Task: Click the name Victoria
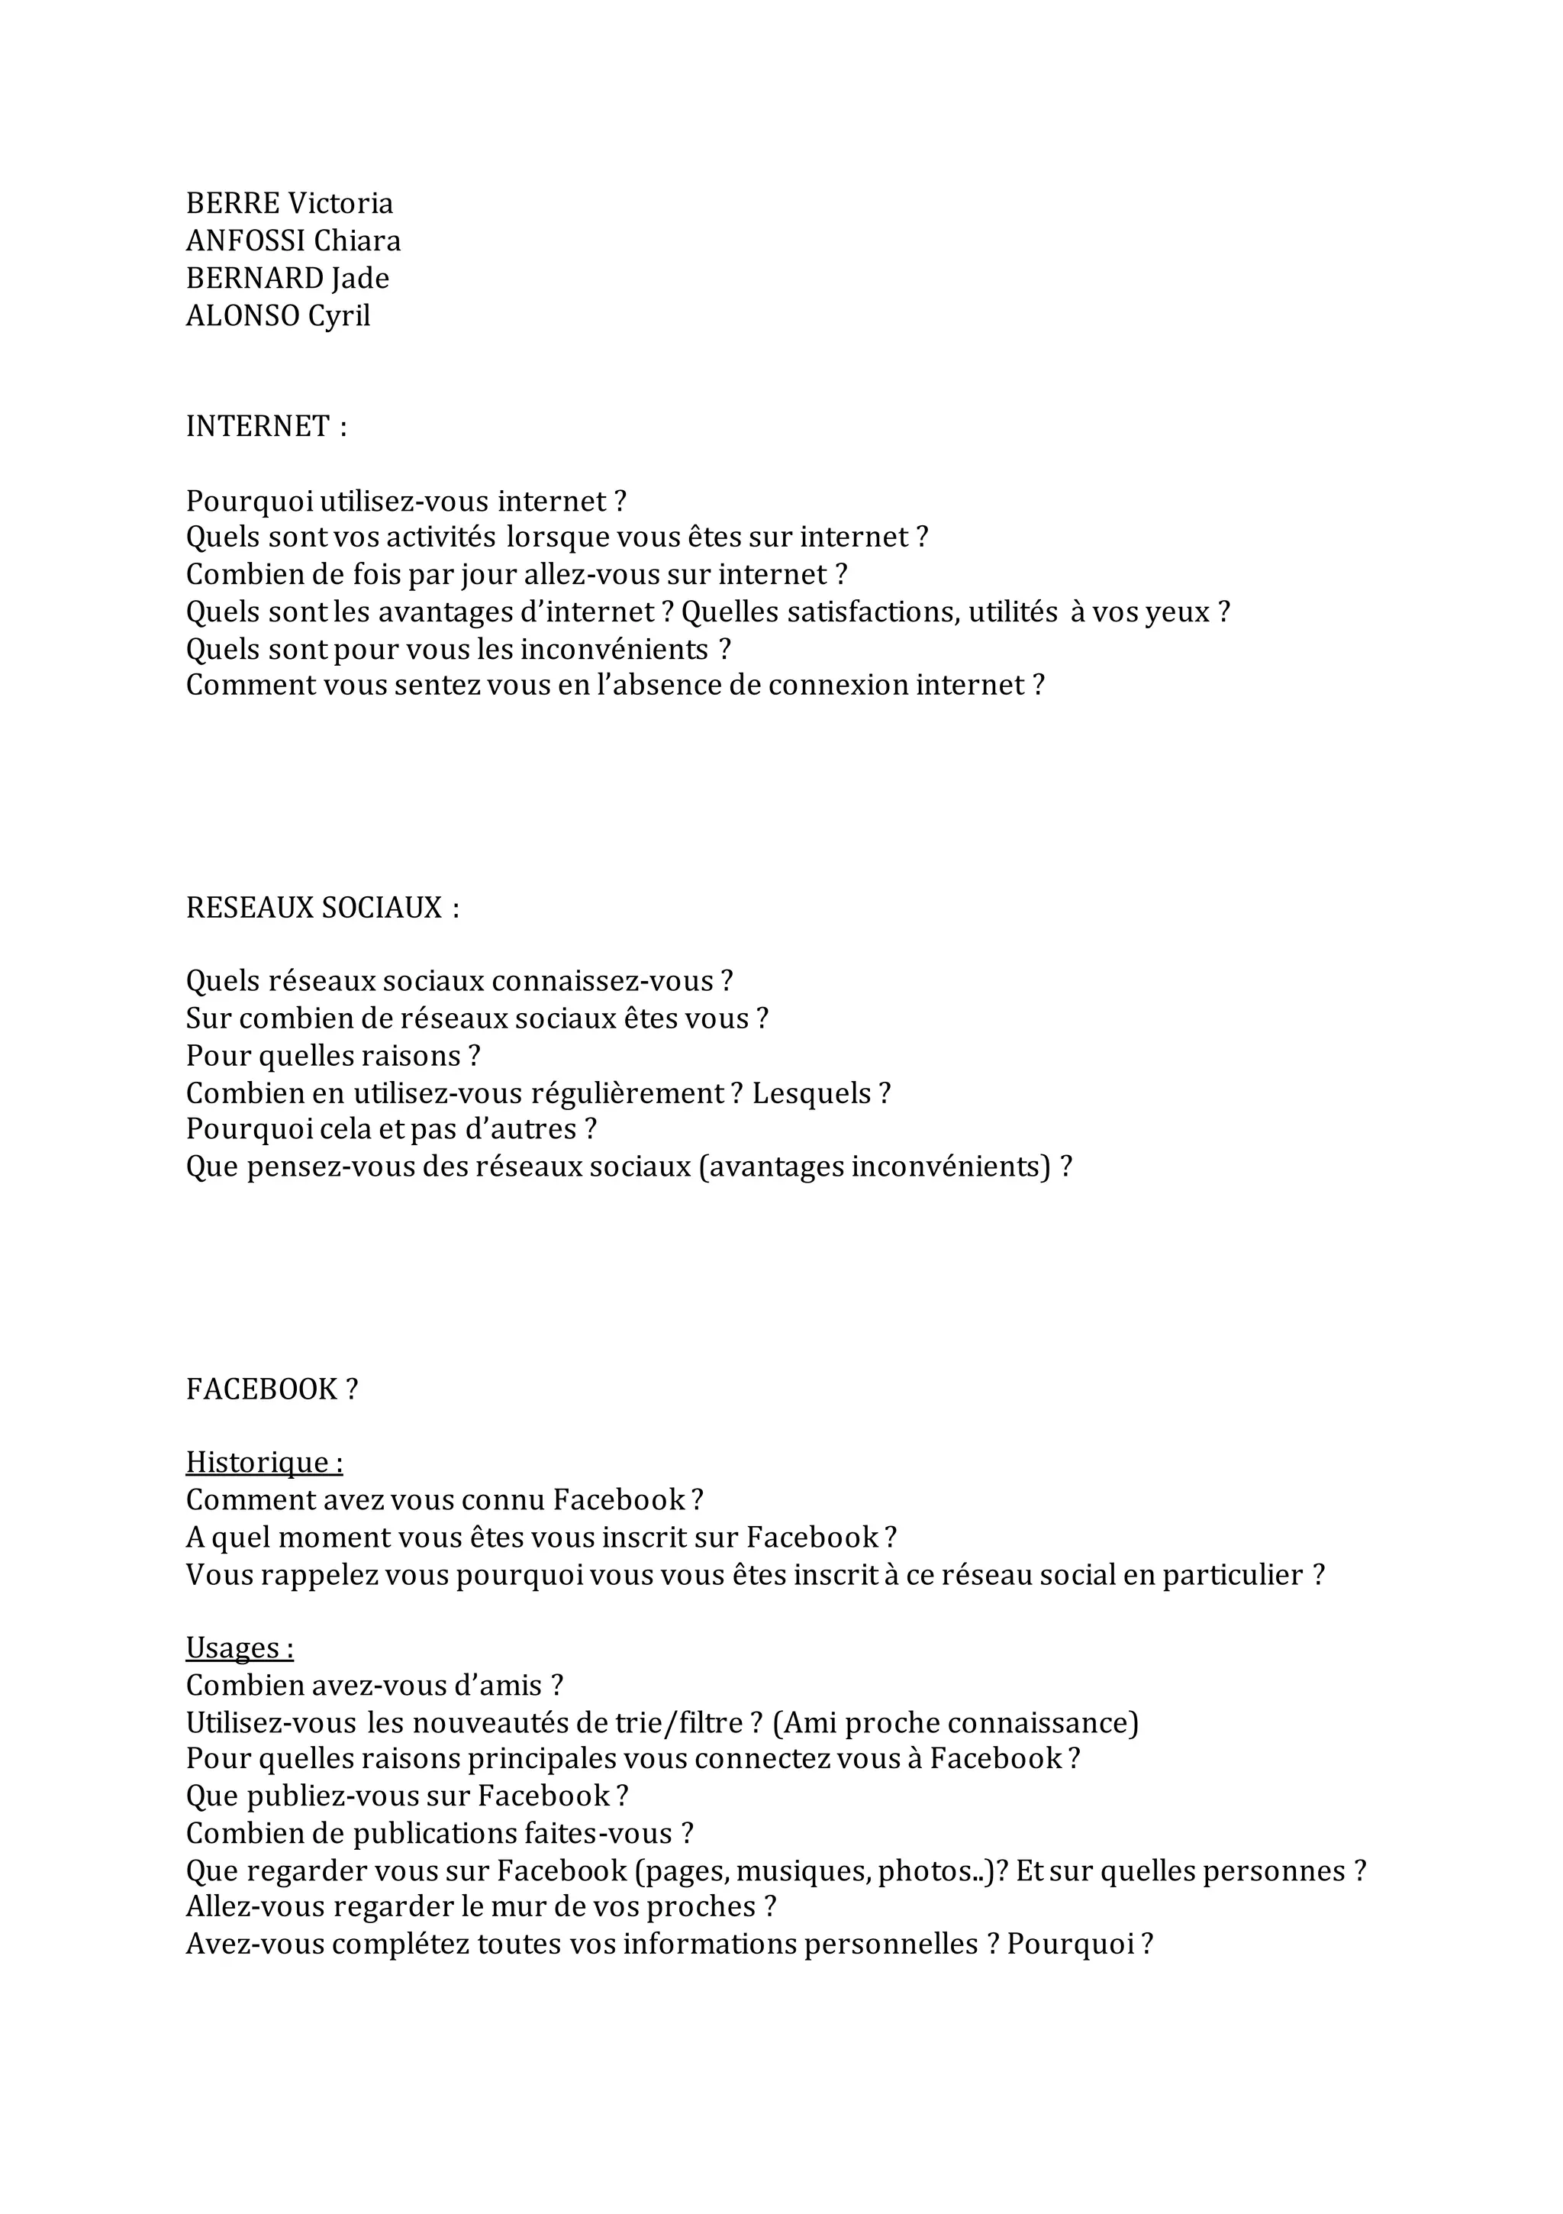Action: [341, 204]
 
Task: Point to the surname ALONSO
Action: [242, 316]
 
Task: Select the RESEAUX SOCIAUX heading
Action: [314, 908]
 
